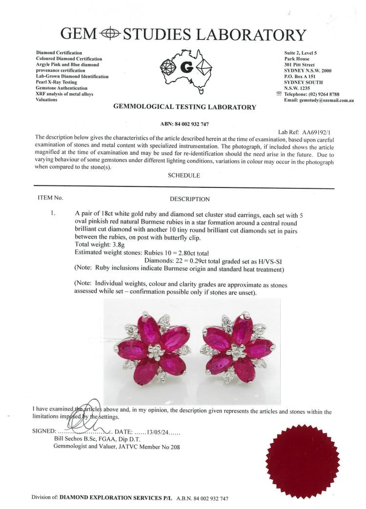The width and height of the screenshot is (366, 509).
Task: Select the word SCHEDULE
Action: [x=183, y=176]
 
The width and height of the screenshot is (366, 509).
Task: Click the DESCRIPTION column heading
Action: [x=190, y=199]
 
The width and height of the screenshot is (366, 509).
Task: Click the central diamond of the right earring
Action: [x=238, y=351]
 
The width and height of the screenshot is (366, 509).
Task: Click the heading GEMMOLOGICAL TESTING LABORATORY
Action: [x=184, y=107]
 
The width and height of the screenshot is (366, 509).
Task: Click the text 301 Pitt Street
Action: [x=303, y=64]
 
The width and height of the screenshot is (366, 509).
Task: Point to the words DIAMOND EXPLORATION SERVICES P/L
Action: [x=118, y=498]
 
